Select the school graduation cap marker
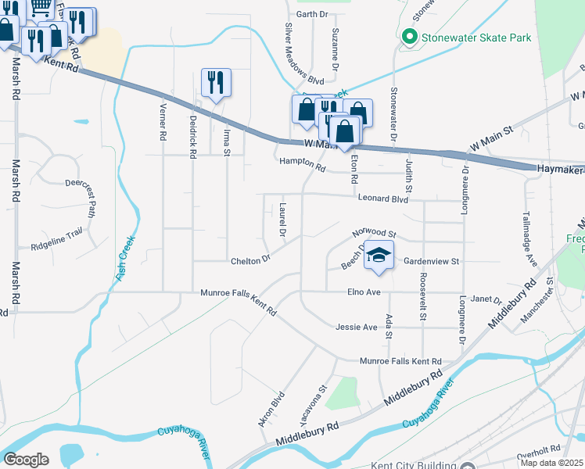379,256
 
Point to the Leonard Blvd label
383,199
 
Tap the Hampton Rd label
302,164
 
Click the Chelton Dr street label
249,259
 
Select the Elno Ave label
363,292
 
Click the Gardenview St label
430,261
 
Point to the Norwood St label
375,234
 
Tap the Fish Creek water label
125,259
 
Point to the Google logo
26,459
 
